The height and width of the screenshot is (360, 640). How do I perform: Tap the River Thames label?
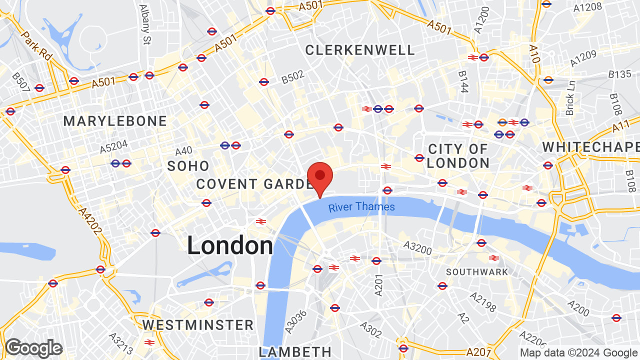coord(361,207)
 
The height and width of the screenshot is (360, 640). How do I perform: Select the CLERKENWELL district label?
coord(360,50)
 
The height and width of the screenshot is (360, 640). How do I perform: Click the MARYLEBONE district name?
coord(115,121)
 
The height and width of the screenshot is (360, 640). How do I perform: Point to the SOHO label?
coord(188,166)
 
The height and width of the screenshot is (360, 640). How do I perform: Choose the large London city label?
coord(230,245)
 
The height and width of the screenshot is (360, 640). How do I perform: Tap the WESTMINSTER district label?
coord(198,325)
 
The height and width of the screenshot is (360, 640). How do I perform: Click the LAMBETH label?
coord(295,351)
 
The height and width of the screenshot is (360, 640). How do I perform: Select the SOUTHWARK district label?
coord(477,272)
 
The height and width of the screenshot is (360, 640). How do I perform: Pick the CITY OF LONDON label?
coord(458,156)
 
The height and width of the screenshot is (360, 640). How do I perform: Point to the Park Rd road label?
coord(36,46)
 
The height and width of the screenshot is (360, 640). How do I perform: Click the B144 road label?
coord(463,81)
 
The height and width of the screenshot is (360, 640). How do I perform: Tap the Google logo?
coord(33,348)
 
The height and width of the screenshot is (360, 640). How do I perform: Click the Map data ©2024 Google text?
coord(578,352)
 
